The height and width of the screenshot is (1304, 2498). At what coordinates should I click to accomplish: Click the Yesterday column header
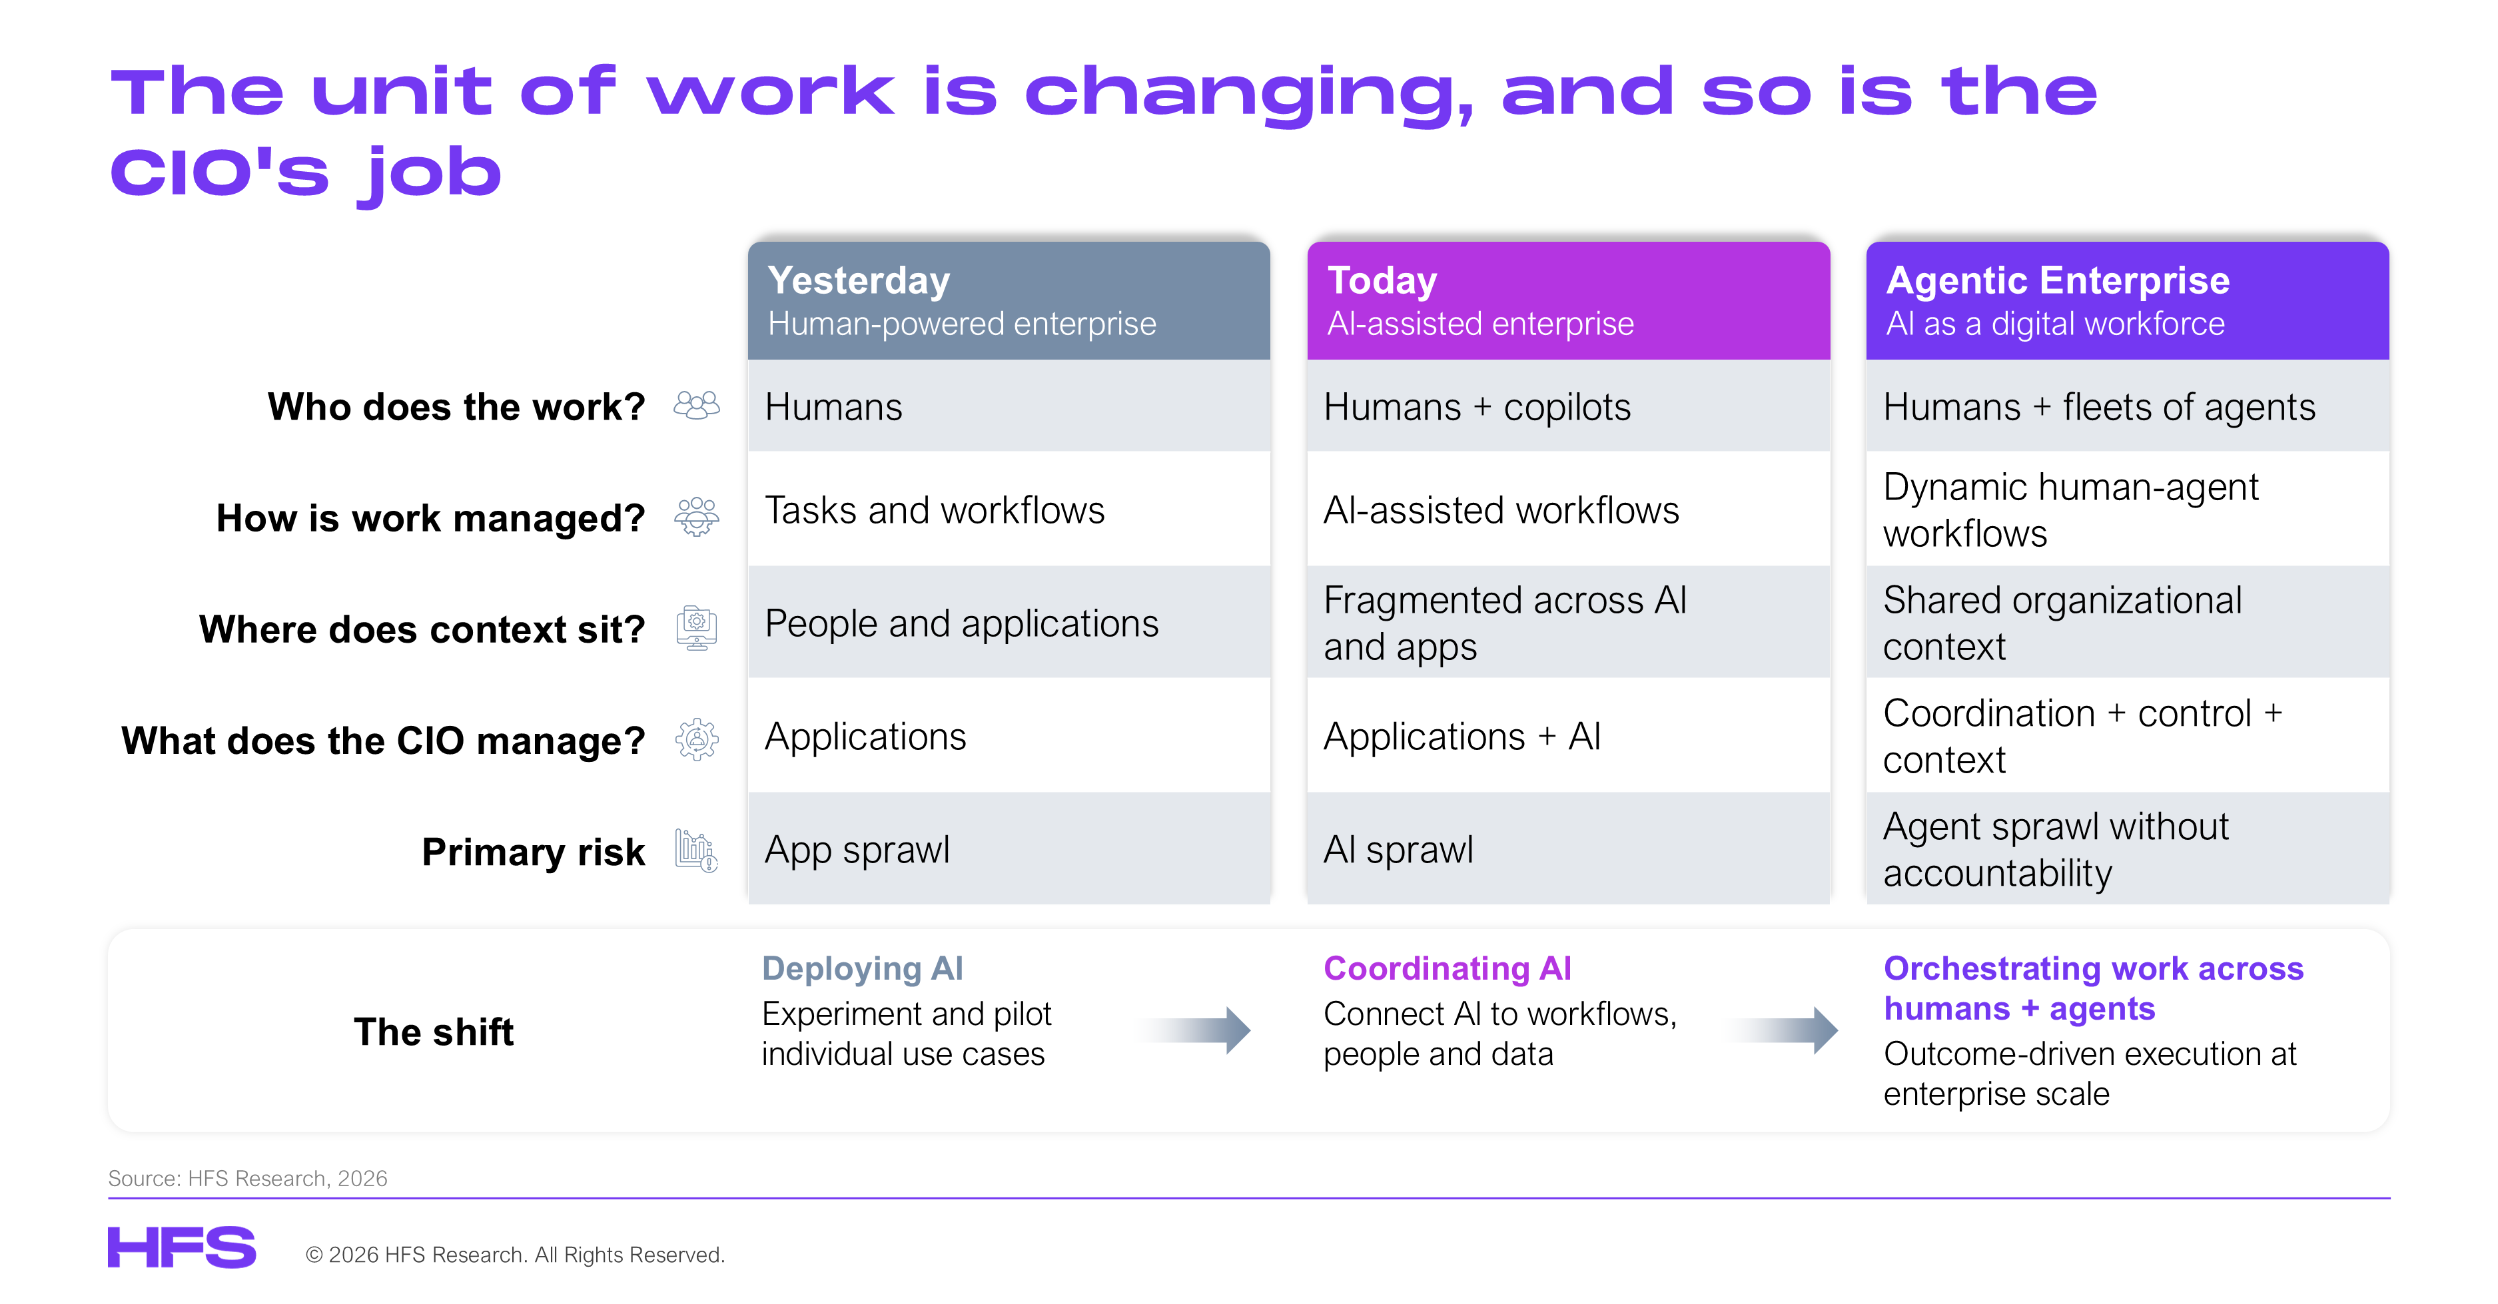(x=1009, y=300)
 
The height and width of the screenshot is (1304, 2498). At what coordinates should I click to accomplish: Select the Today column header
(x=1568, y=300)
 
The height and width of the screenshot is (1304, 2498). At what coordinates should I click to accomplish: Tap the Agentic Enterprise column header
(x=2128, y=300)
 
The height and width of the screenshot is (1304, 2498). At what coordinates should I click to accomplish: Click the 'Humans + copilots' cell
(x=1568, y=406)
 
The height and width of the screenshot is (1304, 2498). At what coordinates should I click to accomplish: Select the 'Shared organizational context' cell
(x=2128, y=623)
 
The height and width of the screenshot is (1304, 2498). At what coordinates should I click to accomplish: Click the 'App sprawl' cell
(x=1009, y=849)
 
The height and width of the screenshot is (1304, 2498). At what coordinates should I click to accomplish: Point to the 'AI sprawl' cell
(x=1568, y=849)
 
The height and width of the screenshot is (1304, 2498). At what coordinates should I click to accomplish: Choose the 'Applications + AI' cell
(x=1568, y=736)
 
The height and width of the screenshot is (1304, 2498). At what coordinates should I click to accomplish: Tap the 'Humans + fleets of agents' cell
(x=2128, y=406)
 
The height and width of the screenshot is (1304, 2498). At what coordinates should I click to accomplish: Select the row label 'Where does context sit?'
(x=422, y=629)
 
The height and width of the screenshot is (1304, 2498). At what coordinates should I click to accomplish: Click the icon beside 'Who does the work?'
(x=696, y=406)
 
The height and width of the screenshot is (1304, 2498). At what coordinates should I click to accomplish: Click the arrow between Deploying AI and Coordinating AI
(x=1194, y=1030)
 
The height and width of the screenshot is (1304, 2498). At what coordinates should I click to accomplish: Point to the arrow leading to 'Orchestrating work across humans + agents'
(x=1783, y=1030)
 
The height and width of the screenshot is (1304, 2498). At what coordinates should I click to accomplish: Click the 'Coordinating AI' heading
(x=1447, y=968)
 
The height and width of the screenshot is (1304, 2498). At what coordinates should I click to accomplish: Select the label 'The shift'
(x=434, y=1032)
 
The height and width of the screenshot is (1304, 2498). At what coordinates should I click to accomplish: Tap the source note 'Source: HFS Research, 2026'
(x=247, y=1178)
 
